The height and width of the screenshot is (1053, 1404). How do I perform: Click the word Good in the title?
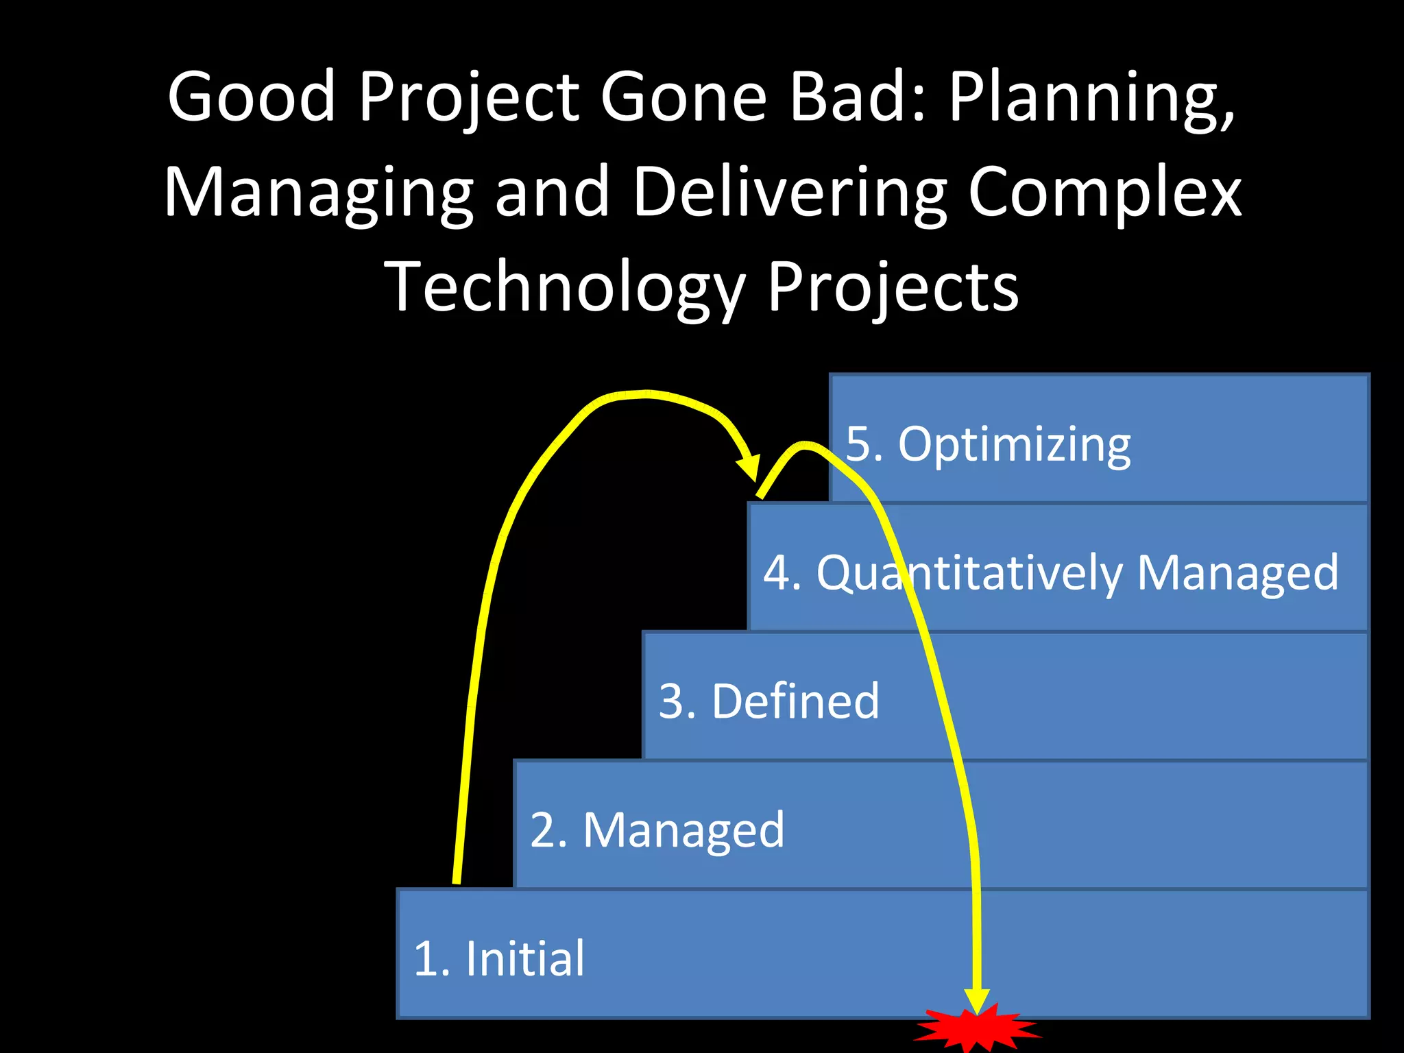(251, 97)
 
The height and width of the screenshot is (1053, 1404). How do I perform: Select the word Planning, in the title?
(1091, 99)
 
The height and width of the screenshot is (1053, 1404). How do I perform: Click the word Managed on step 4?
(1237, 573)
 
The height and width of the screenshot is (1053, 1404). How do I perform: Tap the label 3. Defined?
(768, 701)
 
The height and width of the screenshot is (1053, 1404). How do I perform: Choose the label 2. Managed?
(657, 830)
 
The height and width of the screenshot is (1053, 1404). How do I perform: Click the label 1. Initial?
(499, 958)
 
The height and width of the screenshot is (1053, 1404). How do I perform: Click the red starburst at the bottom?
(977, 1028)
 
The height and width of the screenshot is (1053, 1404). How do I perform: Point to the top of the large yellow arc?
(644, 394)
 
